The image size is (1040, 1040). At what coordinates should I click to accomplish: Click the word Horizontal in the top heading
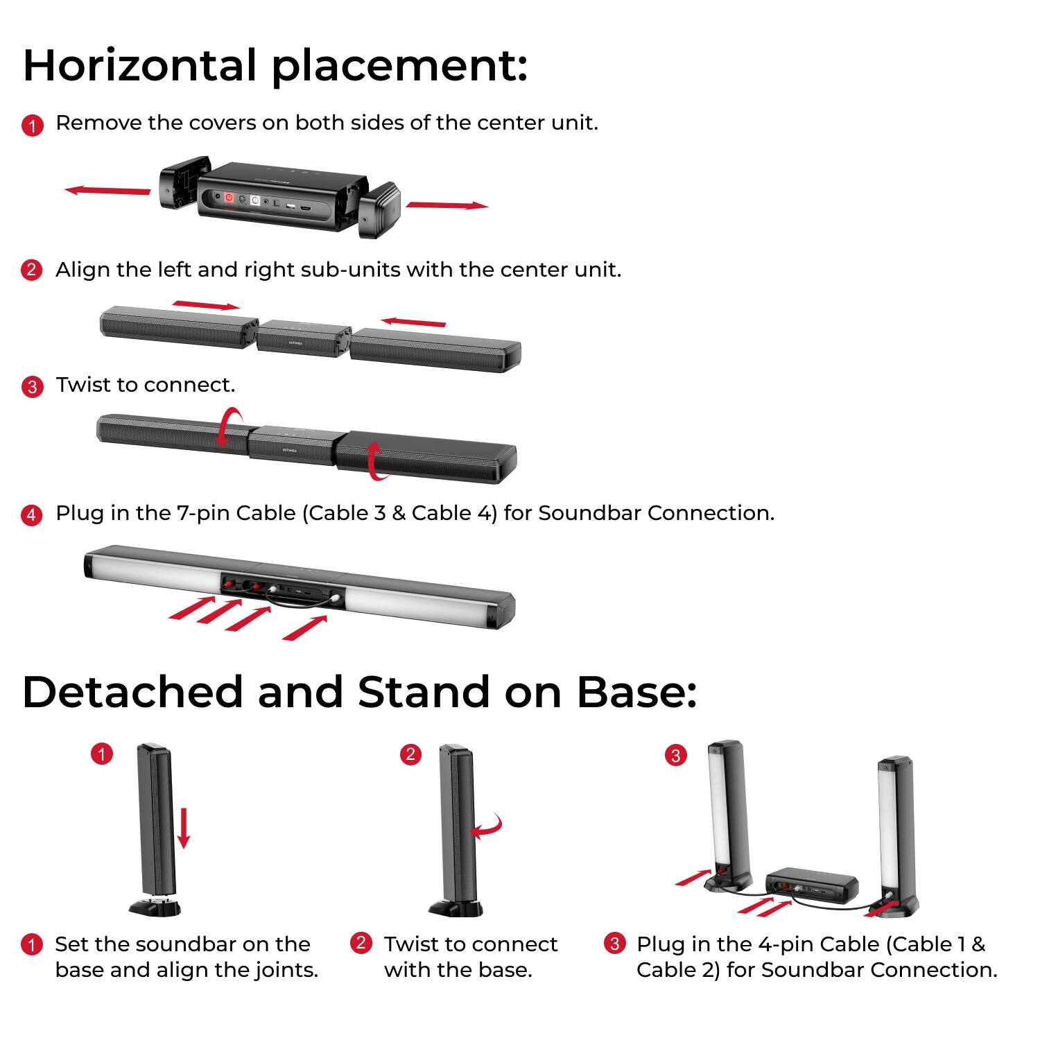click(139, 65)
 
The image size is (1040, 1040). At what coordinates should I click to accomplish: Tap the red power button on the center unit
click(228, 198)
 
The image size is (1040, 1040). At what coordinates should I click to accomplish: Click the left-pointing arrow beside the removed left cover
click(107, 190)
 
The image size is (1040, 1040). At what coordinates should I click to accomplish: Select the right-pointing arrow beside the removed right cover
click(447, 205)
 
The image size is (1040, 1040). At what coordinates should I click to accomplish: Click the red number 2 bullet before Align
click(32, 270)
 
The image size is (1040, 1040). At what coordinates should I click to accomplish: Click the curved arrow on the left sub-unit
click(229, 427)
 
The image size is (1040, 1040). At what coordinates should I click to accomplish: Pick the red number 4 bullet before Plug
click(32, 514)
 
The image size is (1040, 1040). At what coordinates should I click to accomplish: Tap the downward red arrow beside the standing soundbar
click(183, 827)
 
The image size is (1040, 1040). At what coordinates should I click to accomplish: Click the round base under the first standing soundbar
click(155, 907)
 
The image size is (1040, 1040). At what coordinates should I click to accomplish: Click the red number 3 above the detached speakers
click(675, 755)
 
